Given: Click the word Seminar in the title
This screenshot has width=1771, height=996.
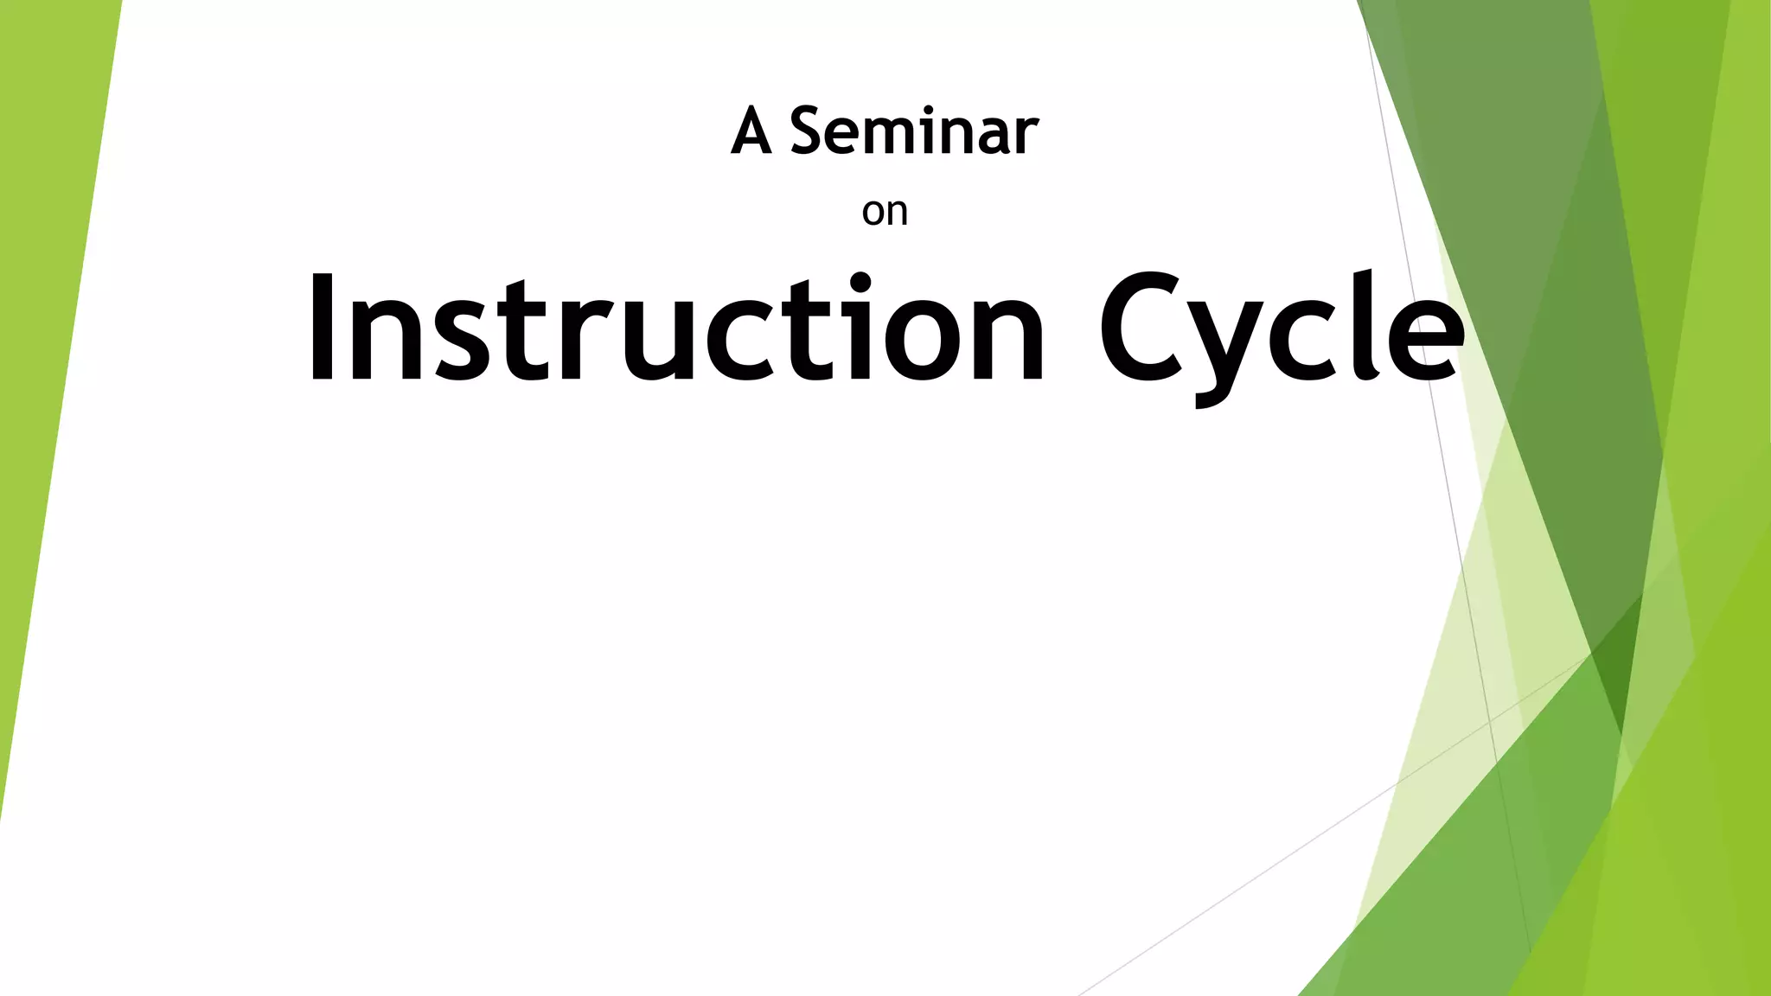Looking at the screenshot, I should pos(913,132).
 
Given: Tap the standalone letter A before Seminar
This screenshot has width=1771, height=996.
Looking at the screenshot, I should pos(751,132).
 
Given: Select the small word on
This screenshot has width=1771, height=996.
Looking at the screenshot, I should pos(885,212).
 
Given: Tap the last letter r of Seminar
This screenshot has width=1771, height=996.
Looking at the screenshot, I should pos(1026,138).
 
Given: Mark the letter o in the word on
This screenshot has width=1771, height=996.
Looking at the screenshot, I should pos(873,214).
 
